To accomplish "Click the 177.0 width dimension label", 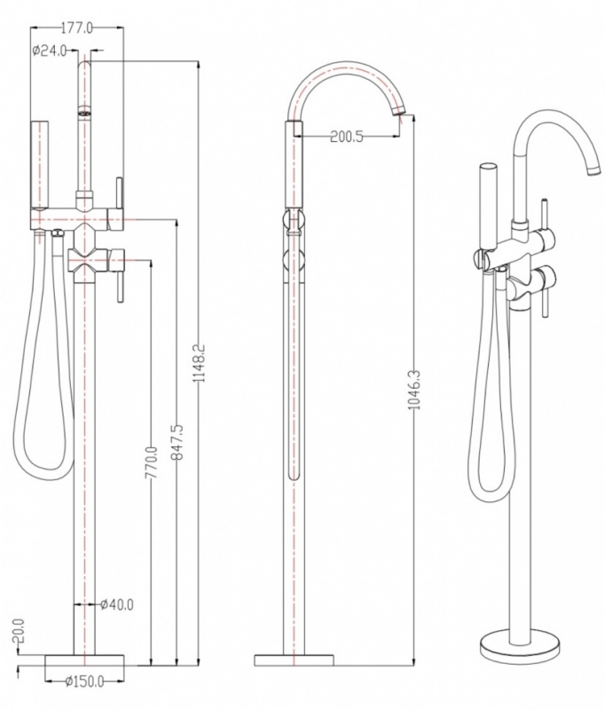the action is [x=77, y=28].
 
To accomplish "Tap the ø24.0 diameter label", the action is [x=50, y=51].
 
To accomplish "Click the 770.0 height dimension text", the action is [x=152, y=462].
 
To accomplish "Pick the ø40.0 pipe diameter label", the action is [x=117, y=604].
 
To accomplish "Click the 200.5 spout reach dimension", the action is [x=347, y=137].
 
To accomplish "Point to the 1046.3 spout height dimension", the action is [x=415, y=390].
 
